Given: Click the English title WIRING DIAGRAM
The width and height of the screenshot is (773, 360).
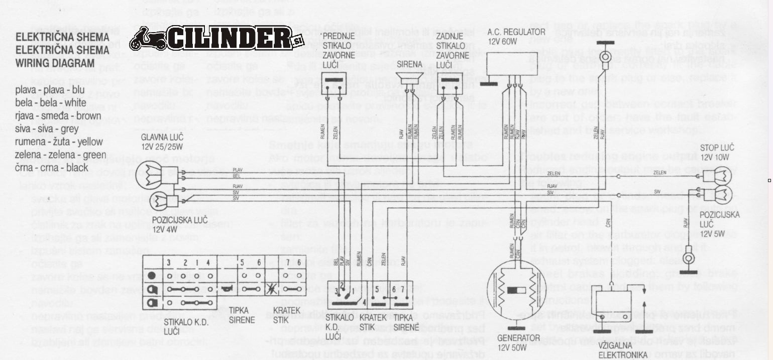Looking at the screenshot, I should (x=55, y=63).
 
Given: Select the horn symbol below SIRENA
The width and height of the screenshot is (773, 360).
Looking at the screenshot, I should (x=409, y=78).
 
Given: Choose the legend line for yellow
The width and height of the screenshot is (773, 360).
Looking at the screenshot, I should (x=59, y=142).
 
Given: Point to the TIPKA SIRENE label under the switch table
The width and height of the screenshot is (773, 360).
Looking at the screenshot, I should (x=242, y=315).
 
